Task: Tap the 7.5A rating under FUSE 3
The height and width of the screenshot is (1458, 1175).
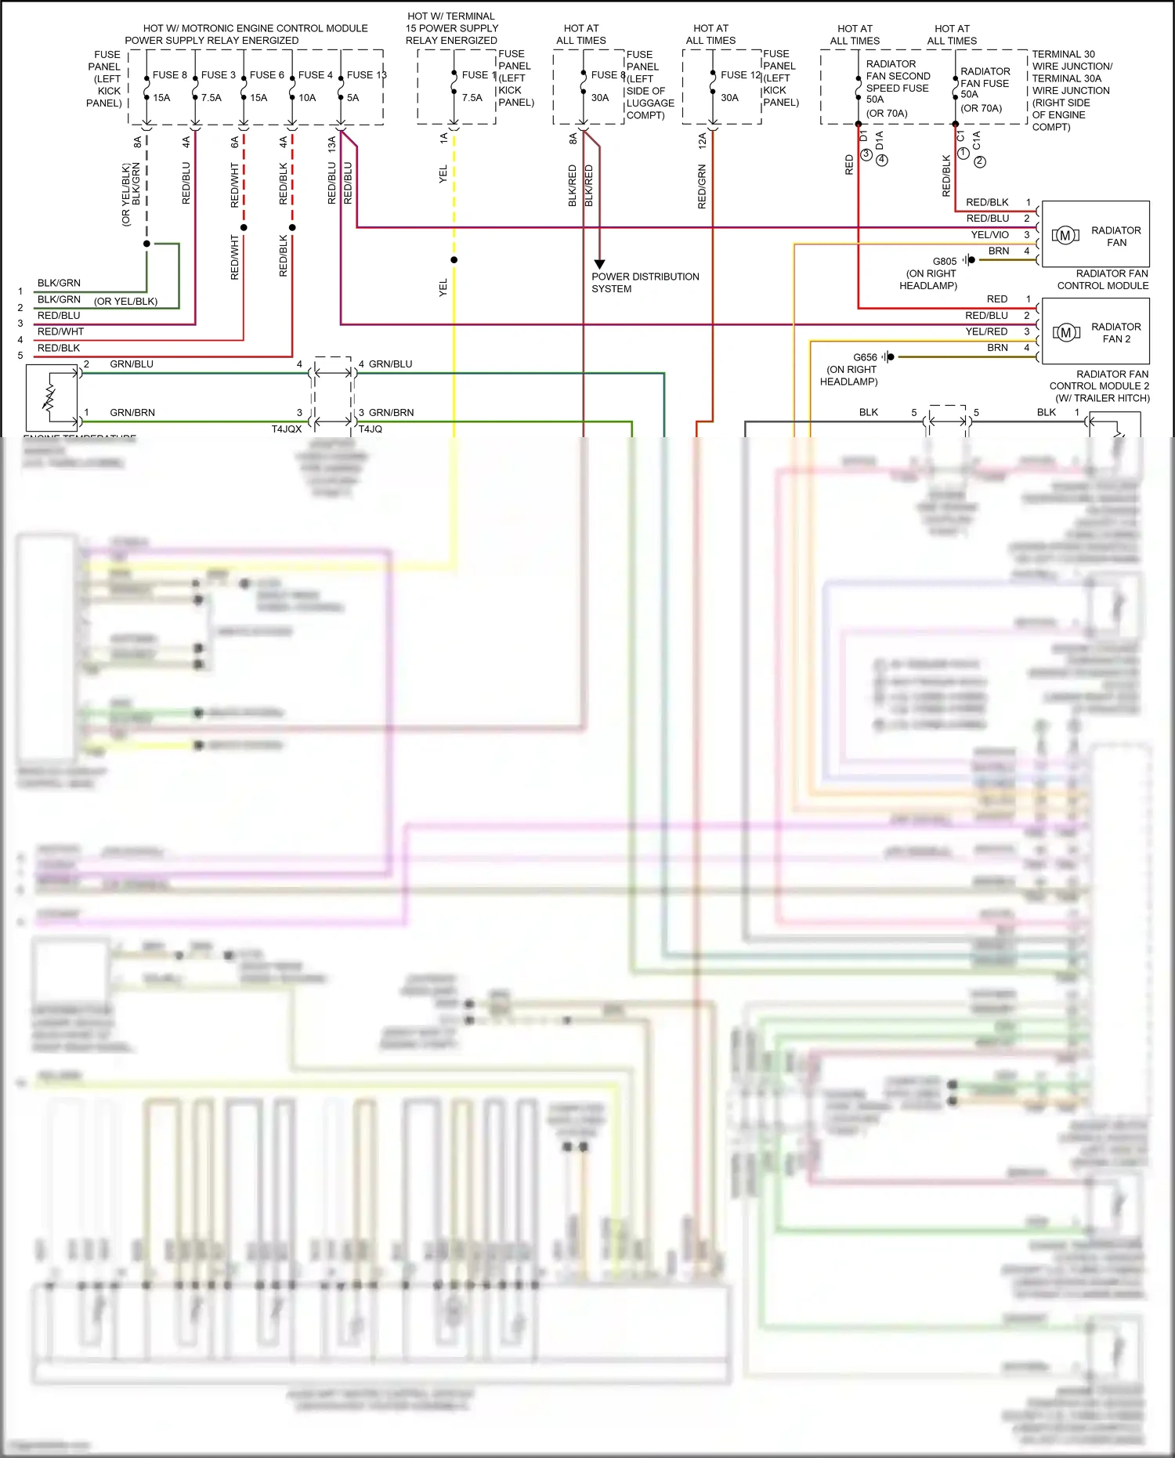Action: [211, 98]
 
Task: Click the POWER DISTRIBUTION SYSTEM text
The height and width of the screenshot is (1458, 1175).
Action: [645, 283]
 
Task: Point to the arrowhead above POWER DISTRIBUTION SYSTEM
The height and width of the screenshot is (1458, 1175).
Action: [599, 264]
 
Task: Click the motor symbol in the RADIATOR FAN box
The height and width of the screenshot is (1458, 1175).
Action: [1065, 235]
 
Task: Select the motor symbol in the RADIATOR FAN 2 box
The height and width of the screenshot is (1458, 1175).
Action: [1065, 332]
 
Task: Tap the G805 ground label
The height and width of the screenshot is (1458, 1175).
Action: [944, 262]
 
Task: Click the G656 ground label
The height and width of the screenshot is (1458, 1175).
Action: [865, 357]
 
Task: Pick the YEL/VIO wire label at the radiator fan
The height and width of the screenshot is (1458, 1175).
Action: [989, 235]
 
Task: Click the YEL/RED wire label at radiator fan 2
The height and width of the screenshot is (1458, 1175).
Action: [986, 331]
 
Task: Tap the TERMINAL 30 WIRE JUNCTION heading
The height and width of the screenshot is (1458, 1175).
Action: [1072, 60]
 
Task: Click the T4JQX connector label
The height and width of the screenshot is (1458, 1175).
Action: [286, 429]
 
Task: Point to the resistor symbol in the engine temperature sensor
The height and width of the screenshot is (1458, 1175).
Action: [49, 397]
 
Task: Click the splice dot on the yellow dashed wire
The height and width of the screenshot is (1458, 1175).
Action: [454, 260]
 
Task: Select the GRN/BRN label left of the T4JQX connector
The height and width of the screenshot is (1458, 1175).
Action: [132, 413]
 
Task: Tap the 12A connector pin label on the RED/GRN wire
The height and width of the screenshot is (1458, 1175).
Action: [702, 141]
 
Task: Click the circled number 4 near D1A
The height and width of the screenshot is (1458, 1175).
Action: [882, 161]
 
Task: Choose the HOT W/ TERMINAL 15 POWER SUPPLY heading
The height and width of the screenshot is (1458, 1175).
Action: [451, 28]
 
